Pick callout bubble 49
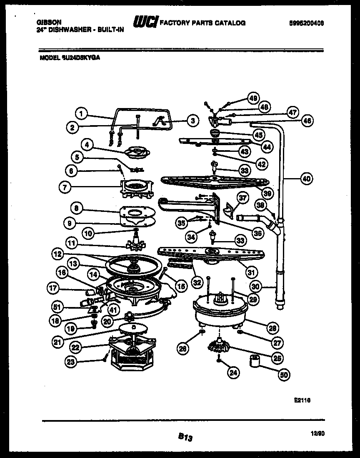(x=252, y=98)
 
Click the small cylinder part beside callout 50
(x=255, y=361)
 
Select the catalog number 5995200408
(x=306, y=24)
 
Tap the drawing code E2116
(x=302, y=400)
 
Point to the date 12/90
(x=318, y=434)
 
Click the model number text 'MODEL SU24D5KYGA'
(x=70, y=59)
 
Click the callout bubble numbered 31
(x=250, y=272)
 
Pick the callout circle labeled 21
(x=58, y=342)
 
